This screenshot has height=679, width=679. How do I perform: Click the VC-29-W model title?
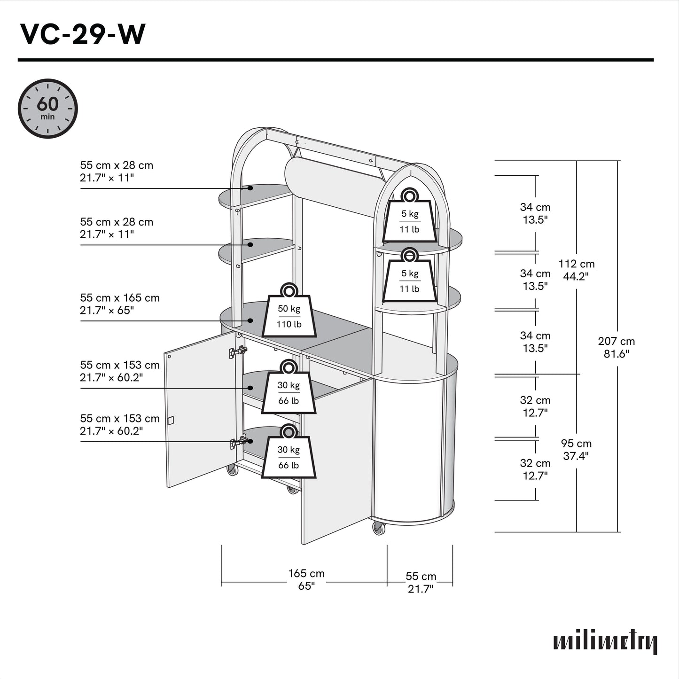click(x=83, y=34)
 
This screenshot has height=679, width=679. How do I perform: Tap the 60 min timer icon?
click(x=47, y=109)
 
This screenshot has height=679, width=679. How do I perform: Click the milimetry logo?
click(x=605, y=642)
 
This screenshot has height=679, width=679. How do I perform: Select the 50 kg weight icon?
click(x=289, y=312)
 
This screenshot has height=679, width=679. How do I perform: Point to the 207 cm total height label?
click(x=616, y=348)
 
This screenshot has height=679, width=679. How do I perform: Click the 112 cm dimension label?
click(x=576, y=270)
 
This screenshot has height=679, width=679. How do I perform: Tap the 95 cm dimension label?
click(x=576, y=450)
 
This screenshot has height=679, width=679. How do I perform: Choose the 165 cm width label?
click(x=306, y=579)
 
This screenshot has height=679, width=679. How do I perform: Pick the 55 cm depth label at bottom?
click(x=421, y=583)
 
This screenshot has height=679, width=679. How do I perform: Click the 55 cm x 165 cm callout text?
click(x=119, y=304)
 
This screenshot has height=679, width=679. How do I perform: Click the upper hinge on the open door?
click(x=238, y=351)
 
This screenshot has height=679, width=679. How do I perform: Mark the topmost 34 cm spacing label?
click(x=535, y=213)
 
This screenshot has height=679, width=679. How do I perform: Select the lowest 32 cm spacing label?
click(x=535, y=469)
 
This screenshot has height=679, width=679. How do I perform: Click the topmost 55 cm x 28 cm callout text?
click(x=116, y=172)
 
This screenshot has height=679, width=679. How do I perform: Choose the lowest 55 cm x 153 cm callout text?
click(x=119, y=425)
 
